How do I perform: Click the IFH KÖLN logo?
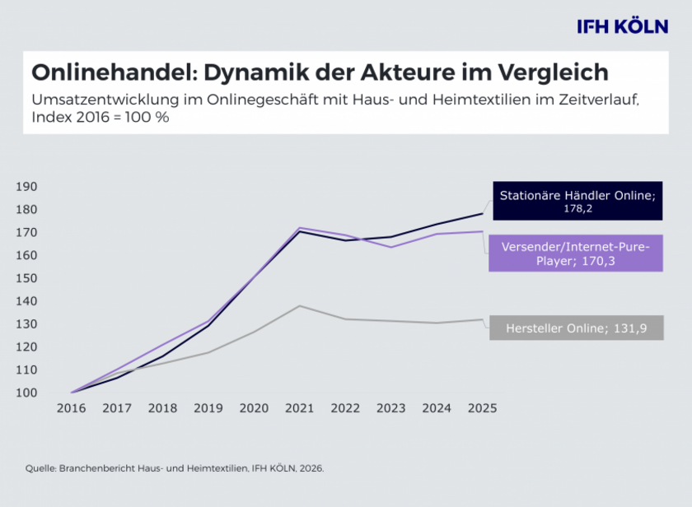(622, 26)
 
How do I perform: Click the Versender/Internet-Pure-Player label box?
(577, 253)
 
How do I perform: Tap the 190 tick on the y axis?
(27, 187)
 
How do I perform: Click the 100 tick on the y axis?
(27, 393)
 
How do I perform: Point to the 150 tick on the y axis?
(27, 278)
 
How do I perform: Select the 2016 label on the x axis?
(72, 408)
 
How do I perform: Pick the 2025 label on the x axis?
(482, 408)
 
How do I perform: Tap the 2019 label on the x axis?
(208, 408)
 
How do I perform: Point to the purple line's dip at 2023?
(390, 247)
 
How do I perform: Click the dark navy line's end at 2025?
(482, 214)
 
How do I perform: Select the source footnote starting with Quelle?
(175, 468)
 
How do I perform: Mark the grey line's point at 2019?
(208, 352)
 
